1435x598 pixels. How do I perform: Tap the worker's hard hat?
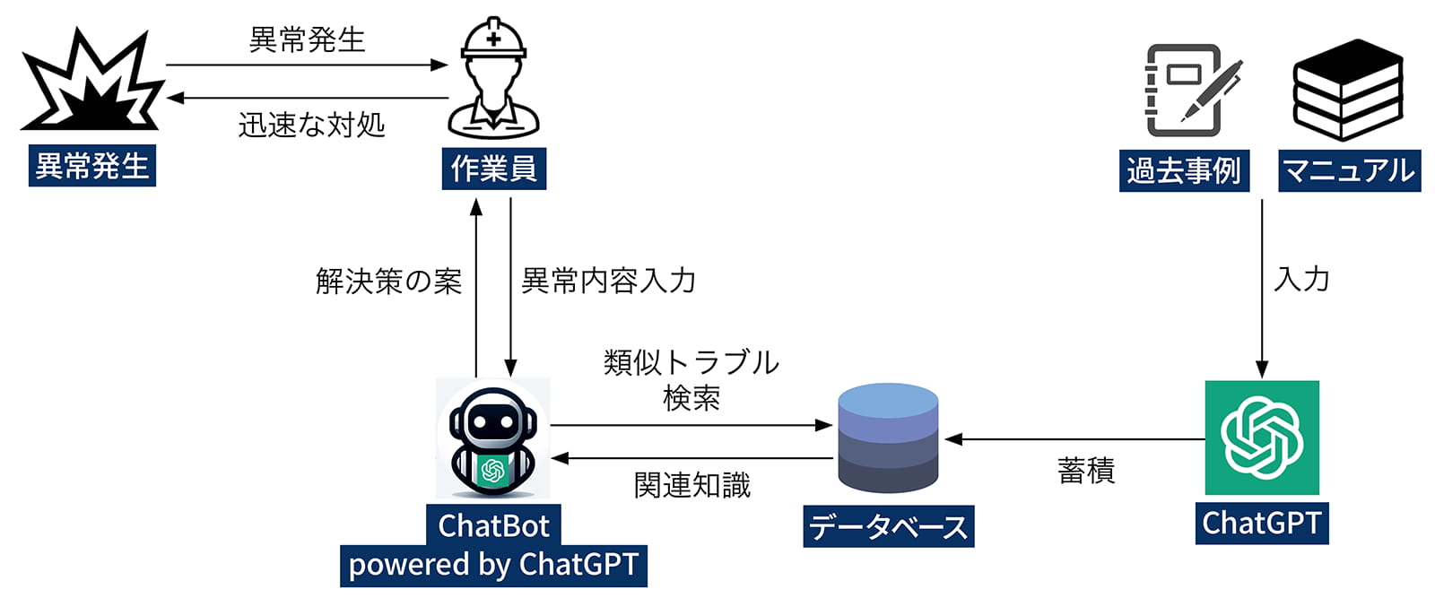coord(493,40)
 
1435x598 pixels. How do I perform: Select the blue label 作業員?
coord(493,169)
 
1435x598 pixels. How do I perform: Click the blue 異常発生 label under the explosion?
coord(91,166)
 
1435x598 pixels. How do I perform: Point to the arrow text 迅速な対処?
coord(311,125)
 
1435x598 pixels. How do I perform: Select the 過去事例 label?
coord(1184,170)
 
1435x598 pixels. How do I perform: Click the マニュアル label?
coord(1349,170)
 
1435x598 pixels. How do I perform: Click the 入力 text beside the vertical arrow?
coord(1301,279)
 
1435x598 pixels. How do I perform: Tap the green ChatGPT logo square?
coord(1261,438)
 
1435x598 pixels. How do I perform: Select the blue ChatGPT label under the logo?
coord(1261,523)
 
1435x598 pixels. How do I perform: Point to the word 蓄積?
coord(1085,471)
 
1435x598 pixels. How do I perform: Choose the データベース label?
coord(888,526)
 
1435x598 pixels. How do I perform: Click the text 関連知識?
coord(691,485)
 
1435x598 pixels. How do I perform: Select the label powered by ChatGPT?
coord(493,565)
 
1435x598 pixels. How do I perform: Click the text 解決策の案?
coord(388,282)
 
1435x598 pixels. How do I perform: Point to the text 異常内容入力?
coord(609,281)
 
